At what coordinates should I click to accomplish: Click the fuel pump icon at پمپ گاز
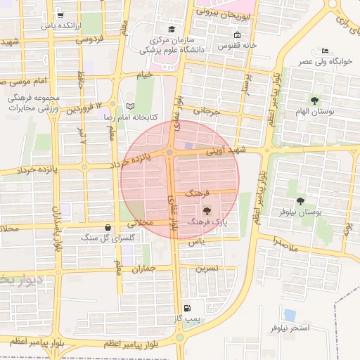[186, 308]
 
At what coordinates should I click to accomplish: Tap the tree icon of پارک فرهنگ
[206, 211]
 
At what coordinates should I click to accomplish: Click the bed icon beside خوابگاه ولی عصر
[324, 51]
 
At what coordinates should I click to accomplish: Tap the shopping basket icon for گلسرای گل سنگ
[107, 227]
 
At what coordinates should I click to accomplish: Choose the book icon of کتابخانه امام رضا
[128, 107]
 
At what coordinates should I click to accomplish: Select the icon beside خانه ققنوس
[237, 35]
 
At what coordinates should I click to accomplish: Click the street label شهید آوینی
[224, 150]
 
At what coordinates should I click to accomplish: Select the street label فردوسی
[91, 39]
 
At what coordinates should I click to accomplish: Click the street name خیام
[144, 74]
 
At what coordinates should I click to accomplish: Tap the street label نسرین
[206, 268]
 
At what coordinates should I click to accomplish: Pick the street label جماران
[142, 269]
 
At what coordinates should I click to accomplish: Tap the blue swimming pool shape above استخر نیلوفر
[290, 315]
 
